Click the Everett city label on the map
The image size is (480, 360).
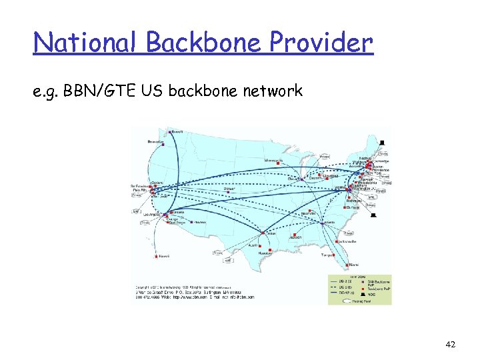[x=177, y=131]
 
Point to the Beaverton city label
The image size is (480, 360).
[x=156, y=142]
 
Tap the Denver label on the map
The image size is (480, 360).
[x=229, y=189]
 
